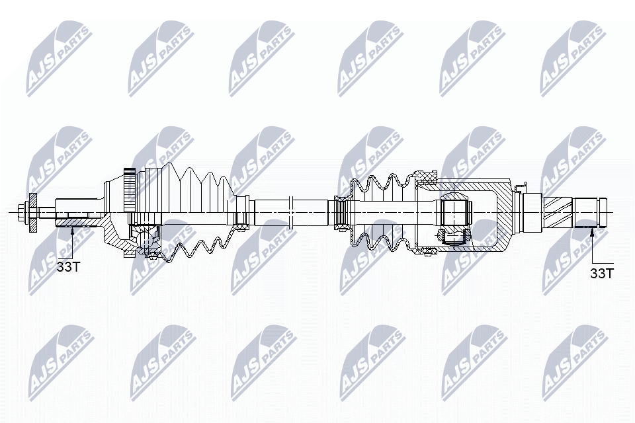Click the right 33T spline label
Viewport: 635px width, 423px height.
[602, 272]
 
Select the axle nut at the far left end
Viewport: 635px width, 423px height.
[25, 211]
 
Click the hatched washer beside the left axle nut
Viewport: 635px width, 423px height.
[32, 211]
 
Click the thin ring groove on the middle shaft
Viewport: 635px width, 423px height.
[291, 211]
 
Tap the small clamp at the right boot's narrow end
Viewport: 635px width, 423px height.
[342, 211]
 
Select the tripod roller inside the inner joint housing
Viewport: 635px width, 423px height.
[455, 211]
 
